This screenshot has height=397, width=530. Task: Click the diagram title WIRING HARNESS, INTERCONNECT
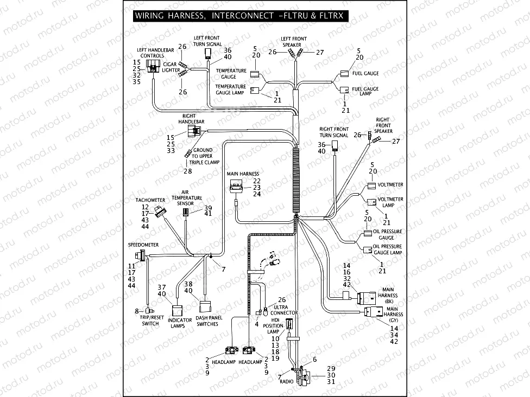pyautogui.click(x=203, y=16)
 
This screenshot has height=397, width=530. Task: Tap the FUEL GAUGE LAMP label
pyautogui.click(x=365, y=92)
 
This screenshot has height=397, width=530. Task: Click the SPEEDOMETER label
pyautogui.click(x=143, y=245)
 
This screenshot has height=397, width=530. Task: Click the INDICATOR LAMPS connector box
pyautogui.click(x=177, y=310)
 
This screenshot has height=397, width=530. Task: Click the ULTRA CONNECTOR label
pyautogui.click(x=284, y=310)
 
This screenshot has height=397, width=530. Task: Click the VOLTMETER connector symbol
pyautogui.click(x=371, y=186)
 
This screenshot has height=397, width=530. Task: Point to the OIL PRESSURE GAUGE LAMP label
pyautogui.click(x=388, y=250)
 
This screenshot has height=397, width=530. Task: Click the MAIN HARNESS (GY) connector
pyautogui.click(x=373, y=313)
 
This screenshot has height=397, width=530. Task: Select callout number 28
pyautogui.click(x=187, y=171)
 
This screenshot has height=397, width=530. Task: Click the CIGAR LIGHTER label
pyautogui.click(x=171, y=67)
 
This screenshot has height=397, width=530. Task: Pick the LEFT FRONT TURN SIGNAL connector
pyautogui.click(x=207, y=53)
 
